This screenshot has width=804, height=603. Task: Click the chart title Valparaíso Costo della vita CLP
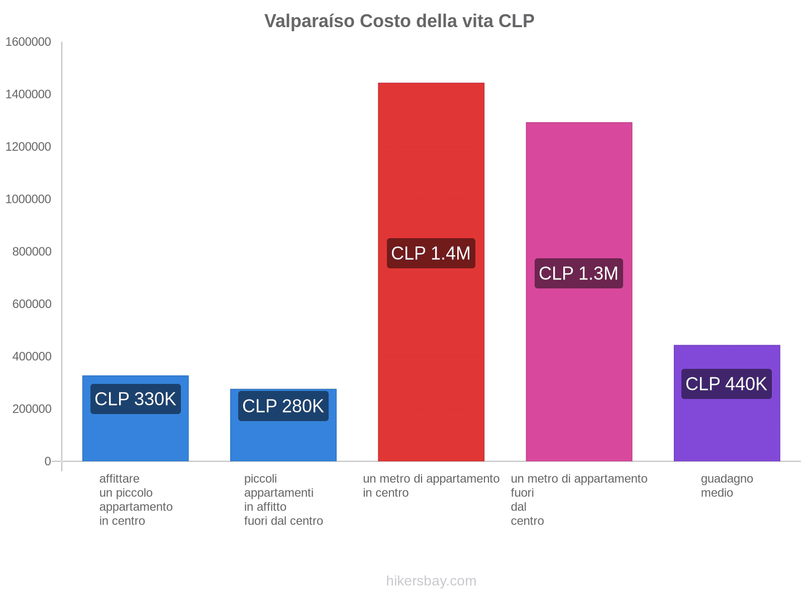[399, 21]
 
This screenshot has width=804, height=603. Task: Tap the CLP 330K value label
[135, 399]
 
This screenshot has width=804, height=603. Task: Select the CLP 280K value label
[283, 406]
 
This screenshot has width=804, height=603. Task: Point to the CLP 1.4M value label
[431, 253]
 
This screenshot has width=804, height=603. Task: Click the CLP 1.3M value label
[578, 273]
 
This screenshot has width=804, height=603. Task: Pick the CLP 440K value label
[726, 384]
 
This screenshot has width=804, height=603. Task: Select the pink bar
[578, 201]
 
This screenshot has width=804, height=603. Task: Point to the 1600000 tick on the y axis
[28, 42]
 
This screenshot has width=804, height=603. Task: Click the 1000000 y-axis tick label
[28, 199]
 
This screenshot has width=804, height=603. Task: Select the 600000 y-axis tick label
[32, 304]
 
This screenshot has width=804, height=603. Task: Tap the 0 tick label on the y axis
[48, 461]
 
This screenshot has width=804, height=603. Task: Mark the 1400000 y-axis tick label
[28, 94]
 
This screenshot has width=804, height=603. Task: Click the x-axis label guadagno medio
[727, 485]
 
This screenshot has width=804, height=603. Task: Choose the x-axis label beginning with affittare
[136, 499]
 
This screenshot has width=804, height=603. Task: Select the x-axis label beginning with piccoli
[283, 499]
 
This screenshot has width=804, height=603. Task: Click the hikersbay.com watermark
[431, 581]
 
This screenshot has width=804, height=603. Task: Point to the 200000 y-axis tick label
[32, 409]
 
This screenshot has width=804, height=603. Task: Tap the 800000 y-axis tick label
[32, 251]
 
